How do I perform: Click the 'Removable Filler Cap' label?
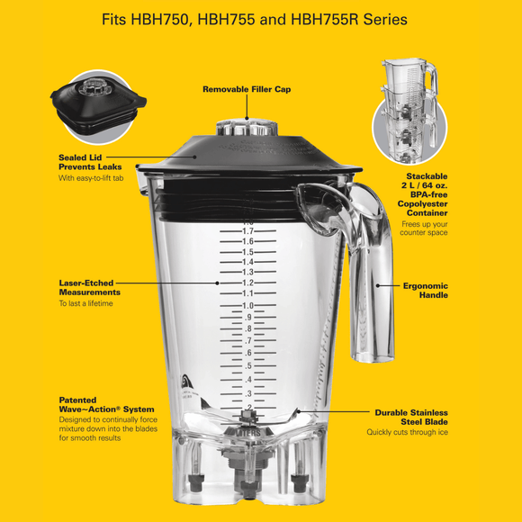247,89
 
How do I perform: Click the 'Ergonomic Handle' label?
425,290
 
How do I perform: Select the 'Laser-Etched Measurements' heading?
89,287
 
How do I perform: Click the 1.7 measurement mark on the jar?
247,231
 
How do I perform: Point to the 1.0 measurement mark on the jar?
247,306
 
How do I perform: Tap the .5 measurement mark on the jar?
247,365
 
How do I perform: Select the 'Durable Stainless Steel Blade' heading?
411,417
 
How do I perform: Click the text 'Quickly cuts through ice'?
407,433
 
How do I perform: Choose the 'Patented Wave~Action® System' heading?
100,403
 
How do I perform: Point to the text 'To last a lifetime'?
86,303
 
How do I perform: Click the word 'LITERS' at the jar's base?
247,431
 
